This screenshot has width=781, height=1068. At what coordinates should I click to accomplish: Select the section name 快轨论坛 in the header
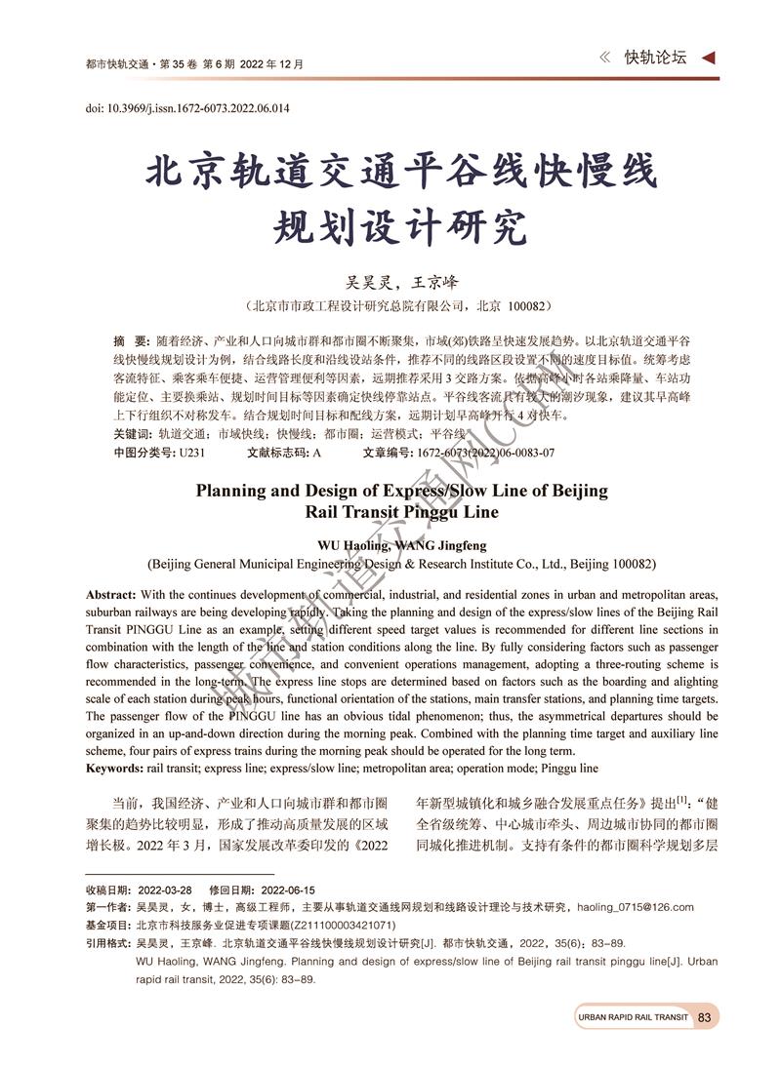tap(656, 58)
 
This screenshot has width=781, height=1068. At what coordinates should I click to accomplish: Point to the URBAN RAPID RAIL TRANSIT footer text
tap(633, 1017)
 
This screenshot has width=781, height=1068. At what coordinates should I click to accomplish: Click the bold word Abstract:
tap(111, 595)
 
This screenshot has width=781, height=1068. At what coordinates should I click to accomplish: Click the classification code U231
tap(191, 453)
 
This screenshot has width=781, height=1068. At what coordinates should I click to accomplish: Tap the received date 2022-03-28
tap(165, 890)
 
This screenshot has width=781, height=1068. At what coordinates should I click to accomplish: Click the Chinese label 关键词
tap(132, 434)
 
